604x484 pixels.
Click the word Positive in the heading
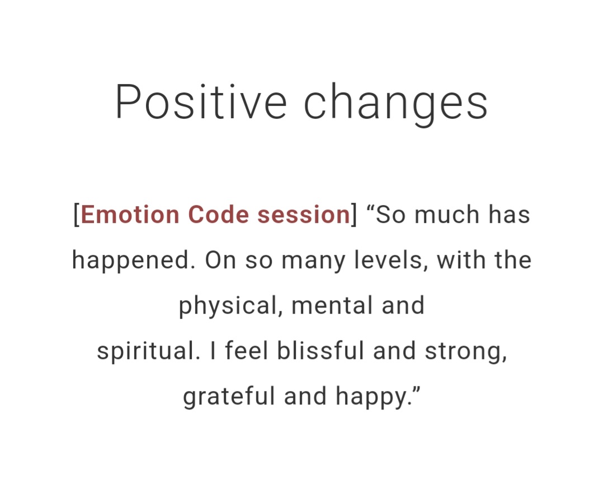[201, 101]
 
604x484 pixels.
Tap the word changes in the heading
[396, 104]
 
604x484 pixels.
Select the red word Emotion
[130, 215]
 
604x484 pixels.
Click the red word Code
[219, 215]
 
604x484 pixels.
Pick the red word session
[304, 215]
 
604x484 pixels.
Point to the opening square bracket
[76, 215]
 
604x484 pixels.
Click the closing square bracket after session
[354, 215]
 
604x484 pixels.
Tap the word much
[447, 215]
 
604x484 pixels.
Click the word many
[313, 262]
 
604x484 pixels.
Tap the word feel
[247, 351]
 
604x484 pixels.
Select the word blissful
[320, 351]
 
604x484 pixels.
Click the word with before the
[461, 260]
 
